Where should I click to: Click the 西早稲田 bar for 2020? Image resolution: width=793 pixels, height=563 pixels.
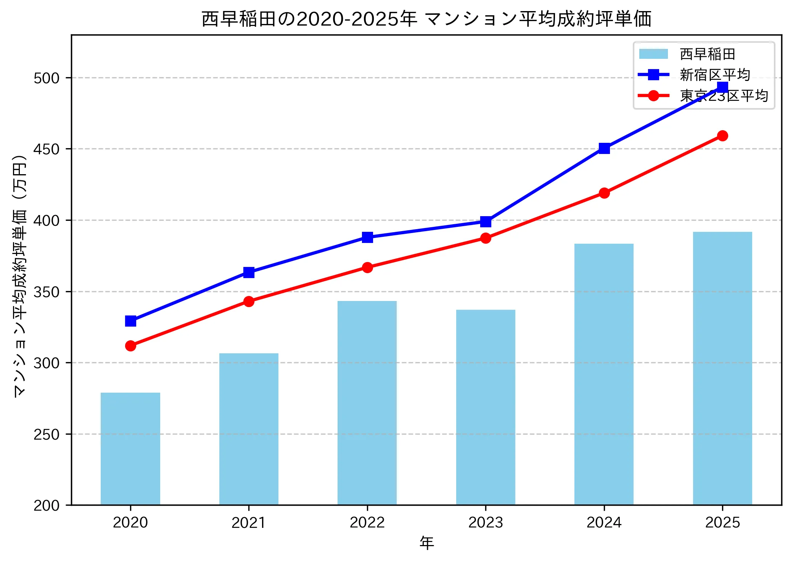tap(130, 449)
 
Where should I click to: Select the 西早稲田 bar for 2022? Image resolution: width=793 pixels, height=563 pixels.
tap(367, 403)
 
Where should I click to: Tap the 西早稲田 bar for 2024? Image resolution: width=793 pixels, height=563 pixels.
tap(604, 374)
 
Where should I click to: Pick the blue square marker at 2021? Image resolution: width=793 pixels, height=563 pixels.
tap(249, 272)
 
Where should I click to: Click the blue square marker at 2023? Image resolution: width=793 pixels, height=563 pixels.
tap(486, 222)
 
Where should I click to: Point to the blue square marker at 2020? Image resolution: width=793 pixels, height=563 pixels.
tap(130, 321)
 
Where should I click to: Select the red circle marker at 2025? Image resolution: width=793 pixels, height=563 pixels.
tap(722, 136)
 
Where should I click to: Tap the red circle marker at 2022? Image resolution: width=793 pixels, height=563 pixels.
tap(367, 267)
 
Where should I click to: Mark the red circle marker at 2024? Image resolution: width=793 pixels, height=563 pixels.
tap(604, 193)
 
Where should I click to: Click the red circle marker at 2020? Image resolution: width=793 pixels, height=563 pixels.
tap(130, 346)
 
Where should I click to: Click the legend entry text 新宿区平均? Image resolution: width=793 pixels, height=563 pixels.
tap(715, 75)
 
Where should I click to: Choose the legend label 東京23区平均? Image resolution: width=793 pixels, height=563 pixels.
tap(724, 95)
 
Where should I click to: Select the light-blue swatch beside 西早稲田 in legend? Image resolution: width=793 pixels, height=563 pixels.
tap(653, 54)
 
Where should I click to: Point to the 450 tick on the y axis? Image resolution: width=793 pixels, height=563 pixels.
tap(47, 149)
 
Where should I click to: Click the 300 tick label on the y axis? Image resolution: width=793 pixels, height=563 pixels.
tap(47, 363)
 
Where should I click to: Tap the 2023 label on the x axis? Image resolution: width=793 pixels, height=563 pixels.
tap(486, 523)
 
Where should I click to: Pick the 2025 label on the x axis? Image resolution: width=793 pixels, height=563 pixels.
tap(722, 523)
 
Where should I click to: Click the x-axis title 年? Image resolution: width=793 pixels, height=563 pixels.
tap(426, 543)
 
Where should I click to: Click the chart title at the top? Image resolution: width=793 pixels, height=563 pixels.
tap(426, 19)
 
